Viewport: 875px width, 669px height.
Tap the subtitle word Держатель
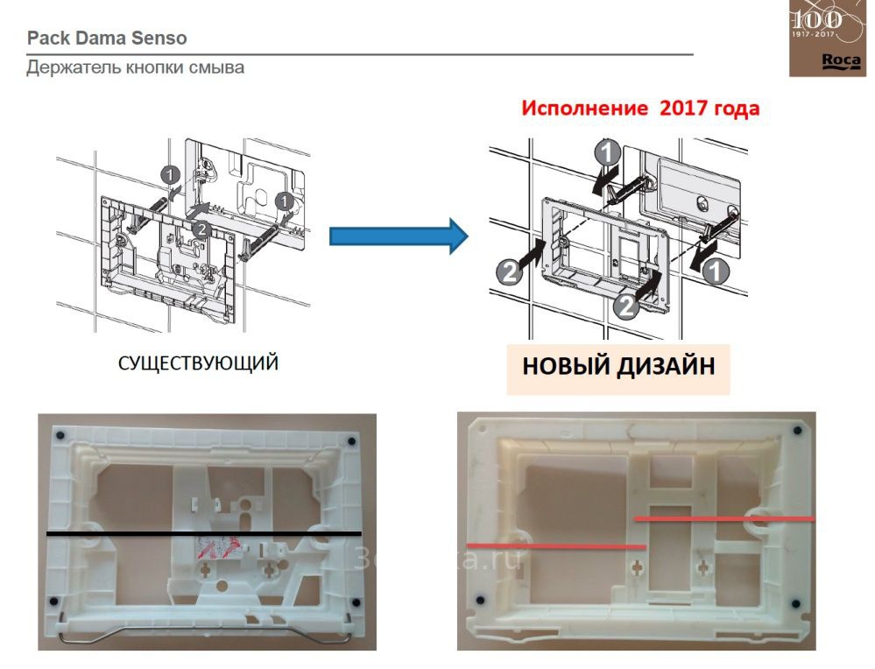tap(71, 67)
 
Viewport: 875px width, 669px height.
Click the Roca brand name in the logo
tap(833, 61)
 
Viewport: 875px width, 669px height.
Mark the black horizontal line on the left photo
tap(203, 533)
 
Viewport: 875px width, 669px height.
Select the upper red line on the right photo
tap(724, 518)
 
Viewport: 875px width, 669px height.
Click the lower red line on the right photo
tap(555, 546)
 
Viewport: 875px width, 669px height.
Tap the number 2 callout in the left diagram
tap(201, 229)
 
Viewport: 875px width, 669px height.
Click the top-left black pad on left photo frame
tap(60, 435)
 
